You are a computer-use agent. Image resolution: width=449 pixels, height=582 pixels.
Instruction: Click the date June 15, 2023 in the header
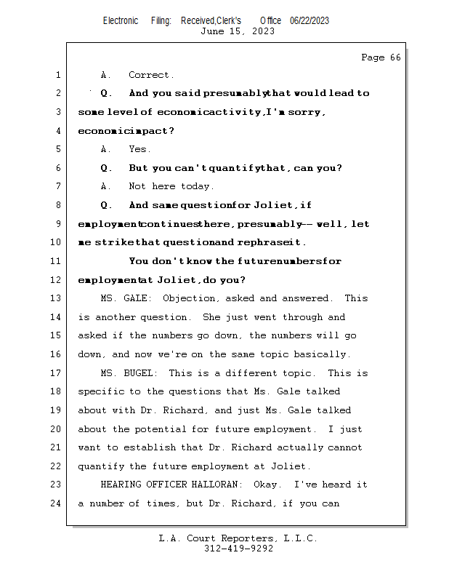238,31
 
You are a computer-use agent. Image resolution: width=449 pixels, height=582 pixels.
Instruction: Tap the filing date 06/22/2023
310,20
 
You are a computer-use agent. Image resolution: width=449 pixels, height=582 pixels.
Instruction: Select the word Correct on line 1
151,75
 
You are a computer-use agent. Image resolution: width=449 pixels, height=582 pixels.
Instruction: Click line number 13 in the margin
57,298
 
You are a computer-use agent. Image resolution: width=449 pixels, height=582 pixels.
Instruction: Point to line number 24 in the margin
57,503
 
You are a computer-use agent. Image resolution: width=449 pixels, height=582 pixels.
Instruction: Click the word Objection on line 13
189,298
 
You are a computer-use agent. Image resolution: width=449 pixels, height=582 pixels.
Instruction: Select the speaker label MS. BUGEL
125,373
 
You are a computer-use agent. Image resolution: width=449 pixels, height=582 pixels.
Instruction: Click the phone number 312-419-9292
238,549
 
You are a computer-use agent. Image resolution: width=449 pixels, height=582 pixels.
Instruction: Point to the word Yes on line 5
139,149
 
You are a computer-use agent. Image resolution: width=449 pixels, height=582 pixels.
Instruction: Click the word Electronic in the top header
121,20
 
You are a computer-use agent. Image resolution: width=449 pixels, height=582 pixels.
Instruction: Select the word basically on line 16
325,354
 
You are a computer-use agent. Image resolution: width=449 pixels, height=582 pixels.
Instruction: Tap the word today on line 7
198,186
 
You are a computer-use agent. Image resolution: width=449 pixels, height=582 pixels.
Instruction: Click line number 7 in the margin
57,186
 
